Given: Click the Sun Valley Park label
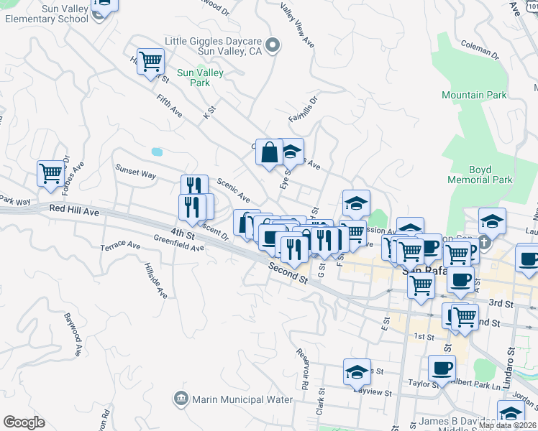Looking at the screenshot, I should tap(200, 78).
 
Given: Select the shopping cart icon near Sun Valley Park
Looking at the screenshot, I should tap(151, 62).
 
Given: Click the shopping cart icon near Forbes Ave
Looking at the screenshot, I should tap(50, 173).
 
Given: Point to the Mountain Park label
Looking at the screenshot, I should tap(474, 95).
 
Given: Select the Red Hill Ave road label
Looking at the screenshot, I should tap(75, 211).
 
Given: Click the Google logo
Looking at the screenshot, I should tap(24, 422).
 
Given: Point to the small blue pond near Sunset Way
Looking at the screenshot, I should tap(157, 152).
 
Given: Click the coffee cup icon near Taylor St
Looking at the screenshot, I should tap(442, 368).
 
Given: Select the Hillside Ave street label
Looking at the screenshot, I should tap(156, 279).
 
